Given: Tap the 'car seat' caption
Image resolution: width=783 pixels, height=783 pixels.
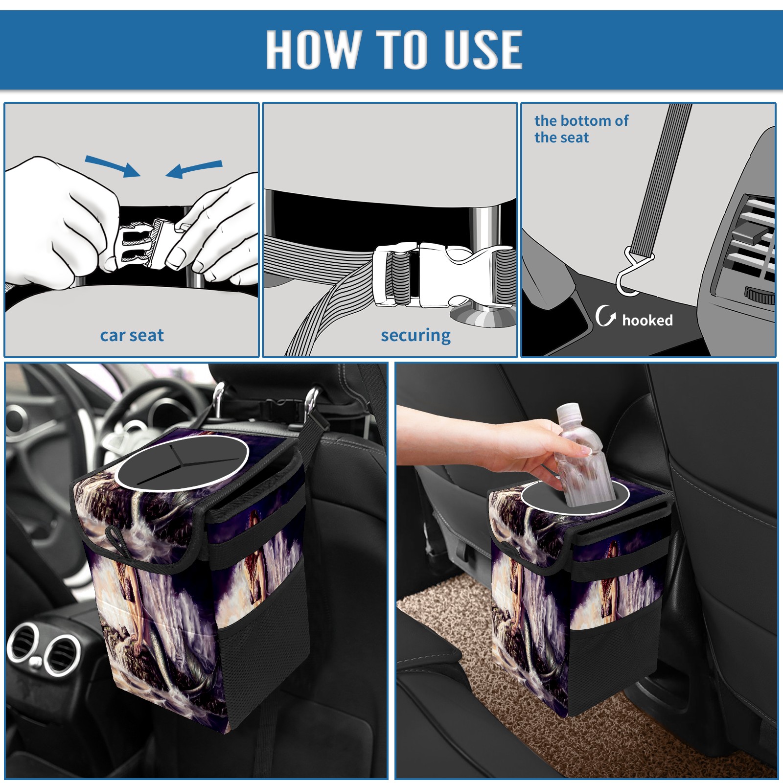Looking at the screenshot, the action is [132, 335].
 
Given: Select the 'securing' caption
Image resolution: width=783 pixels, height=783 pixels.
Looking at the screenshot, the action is [415, 335].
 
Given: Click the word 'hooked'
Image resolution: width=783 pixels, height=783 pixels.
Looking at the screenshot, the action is [647, 320].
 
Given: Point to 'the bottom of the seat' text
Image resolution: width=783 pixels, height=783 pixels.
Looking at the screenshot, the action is [581, 129].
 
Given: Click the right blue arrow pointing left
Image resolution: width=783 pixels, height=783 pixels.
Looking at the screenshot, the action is [194, 169].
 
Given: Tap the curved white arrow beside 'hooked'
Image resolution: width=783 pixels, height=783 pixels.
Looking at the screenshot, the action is [605, 316].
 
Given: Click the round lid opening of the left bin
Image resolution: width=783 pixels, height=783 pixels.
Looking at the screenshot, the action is [182, 461].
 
